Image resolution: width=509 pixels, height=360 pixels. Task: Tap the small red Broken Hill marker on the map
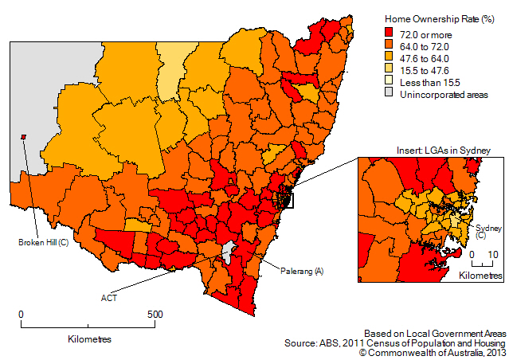pyautogui.click(x=24, y=136)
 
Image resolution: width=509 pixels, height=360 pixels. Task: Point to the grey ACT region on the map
pyautogui.click(x=229, y=252)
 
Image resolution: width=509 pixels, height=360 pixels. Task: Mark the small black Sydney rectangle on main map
pyautogui.click(x=284, y=198)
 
